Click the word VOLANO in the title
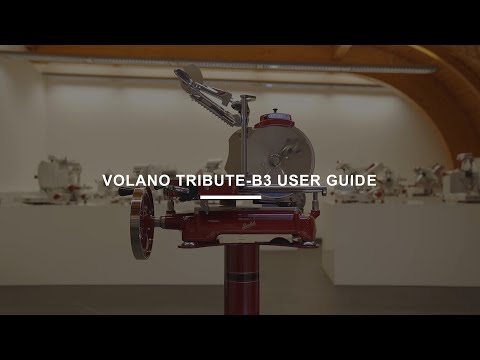point(138,181)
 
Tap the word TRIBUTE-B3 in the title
point(222,181)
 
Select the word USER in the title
point(297,181)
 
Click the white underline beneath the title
point(230,197)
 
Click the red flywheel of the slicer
point(143,223)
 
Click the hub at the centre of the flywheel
point(143,223)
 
